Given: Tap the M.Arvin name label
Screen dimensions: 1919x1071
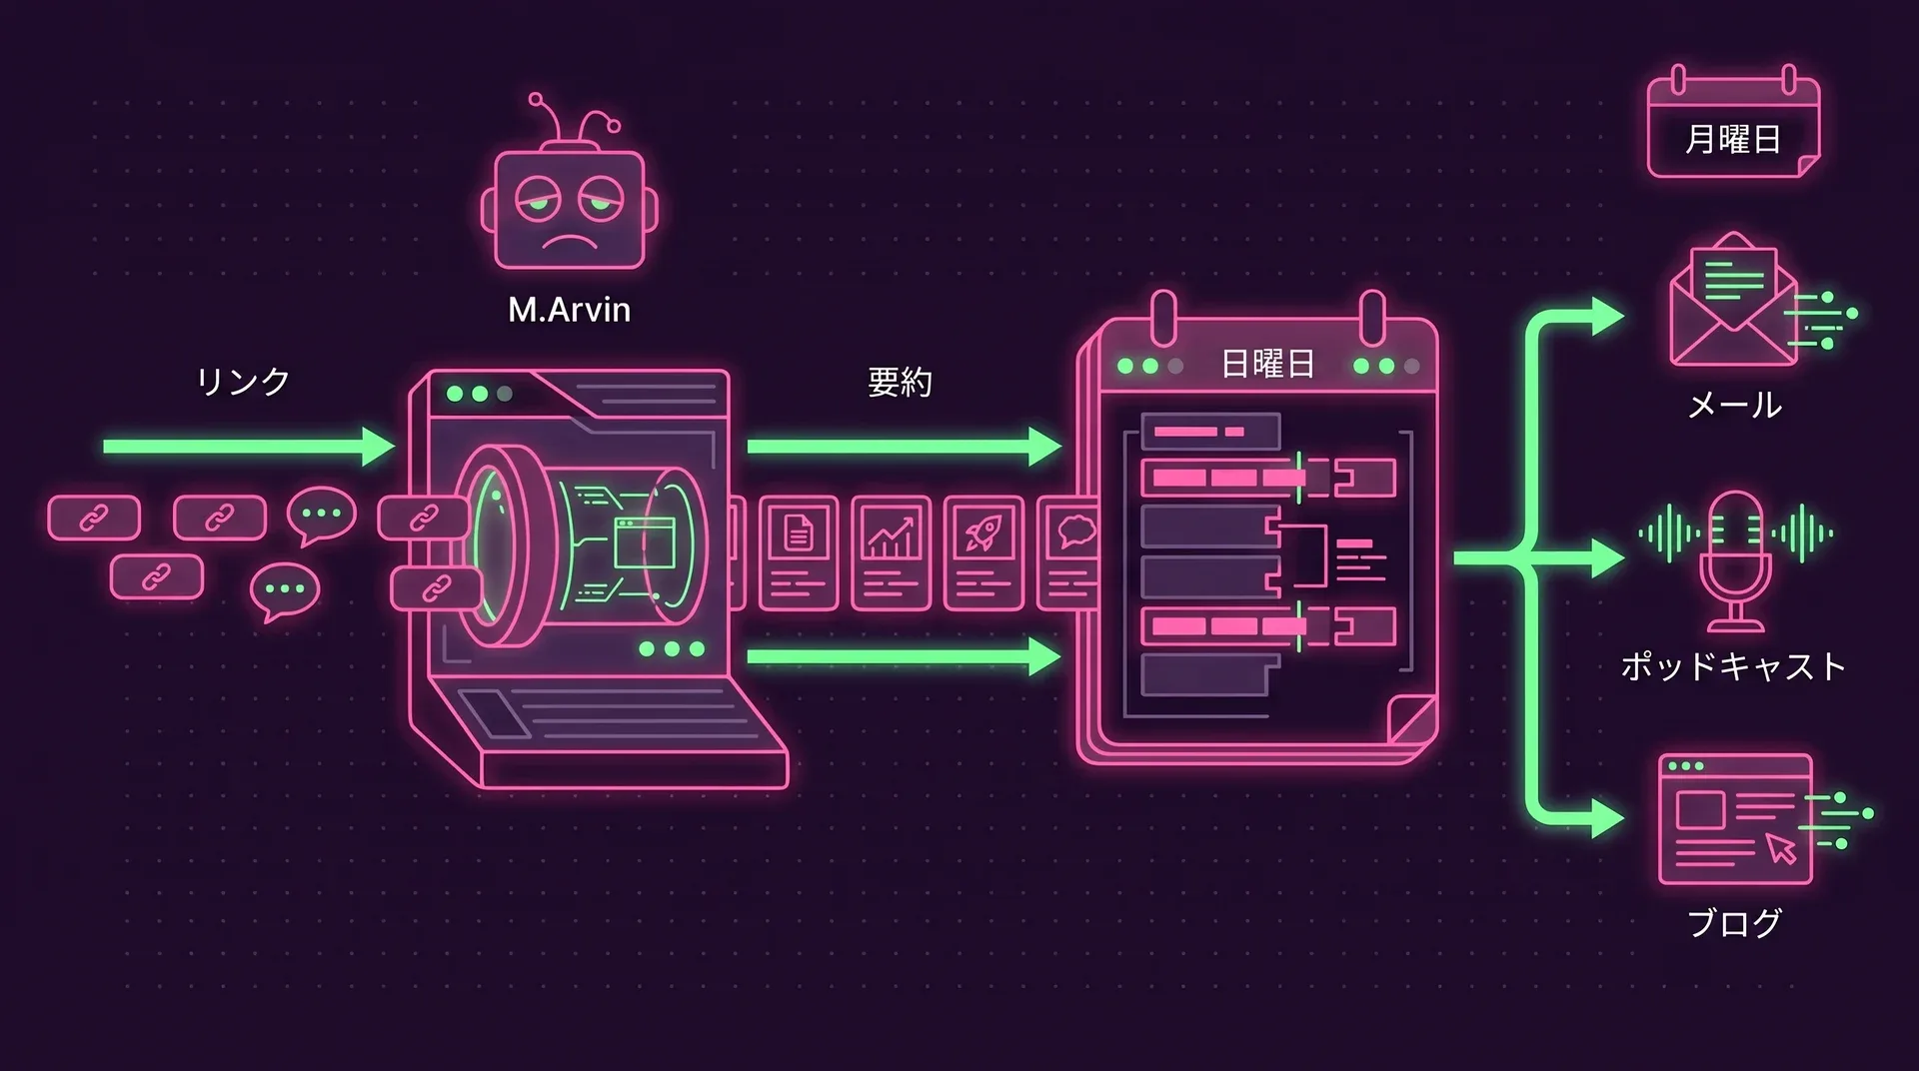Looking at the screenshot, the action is (569, 310).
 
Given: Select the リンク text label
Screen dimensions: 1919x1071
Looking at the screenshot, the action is (243, 381).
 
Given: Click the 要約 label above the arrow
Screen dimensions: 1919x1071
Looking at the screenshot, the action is (900, 382).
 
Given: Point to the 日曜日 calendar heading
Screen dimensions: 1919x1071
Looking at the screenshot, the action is (1267, 364).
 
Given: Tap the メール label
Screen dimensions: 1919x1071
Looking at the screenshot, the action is (1734, 405).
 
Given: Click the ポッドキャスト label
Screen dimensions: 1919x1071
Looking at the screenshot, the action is (1733, 666).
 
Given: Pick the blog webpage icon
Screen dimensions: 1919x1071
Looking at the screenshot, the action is (1735, 819).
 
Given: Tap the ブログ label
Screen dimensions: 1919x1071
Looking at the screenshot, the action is (1734, 922).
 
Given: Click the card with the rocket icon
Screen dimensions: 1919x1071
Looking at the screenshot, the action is (983, 552).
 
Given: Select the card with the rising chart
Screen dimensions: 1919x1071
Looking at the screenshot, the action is (891, 552).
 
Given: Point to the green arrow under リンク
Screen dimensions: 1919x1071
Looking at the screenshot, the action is (249, 447).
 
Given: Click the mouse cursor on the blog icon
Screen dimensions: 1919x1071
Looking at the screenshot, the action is (1781, 848).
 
